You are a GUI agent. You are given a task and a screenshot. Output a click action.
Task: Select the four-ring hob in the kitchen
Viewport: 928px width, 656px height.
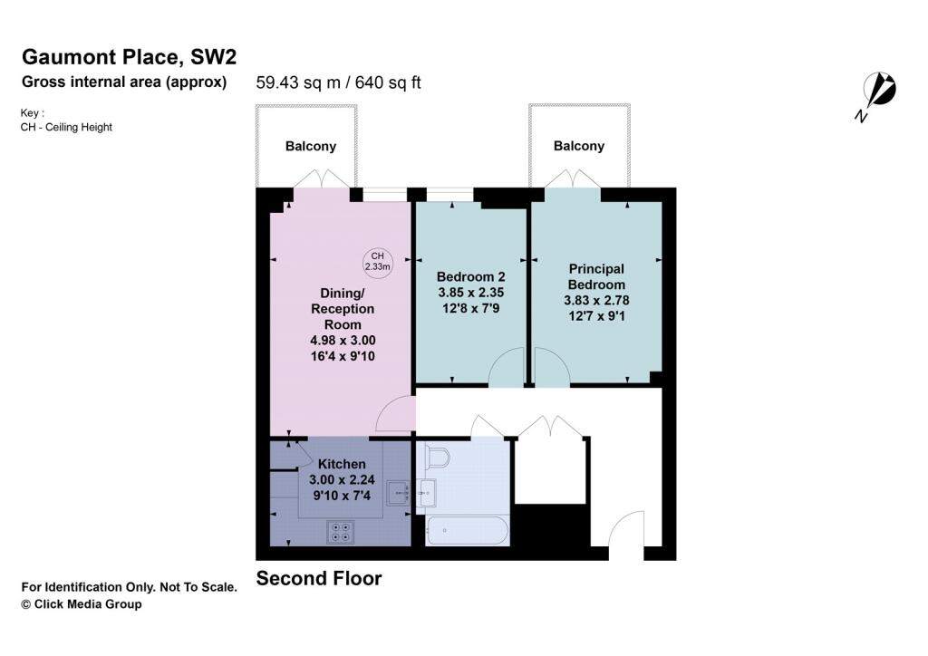[342, 532]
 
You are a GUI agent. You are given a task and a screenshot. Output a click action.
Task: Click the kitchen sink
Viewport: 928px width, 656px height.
[399, 493]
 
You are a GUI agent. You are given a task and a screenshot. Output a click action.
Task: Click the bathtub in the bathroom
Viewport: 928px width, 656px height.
[467, 531]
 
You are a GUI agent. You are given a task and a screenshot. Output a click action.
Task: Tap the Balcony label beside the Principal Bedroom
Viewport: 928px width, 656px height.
[579, 146]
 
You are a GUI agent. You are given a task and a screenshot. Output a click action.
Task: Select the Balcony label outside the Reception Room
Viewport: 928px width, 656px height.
[311, 146]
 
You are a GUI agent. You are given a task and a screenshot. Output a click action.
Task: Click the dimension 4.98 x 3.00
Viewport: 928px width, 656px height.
[343, 340]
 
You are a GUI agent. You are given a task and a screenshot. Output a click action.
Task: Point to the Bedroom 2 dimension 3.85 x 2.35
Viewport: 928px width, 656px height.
[470, 293]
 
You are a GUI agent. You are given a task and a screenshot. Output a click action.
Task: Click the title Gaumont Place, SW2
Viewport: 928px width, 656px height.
[130, 57]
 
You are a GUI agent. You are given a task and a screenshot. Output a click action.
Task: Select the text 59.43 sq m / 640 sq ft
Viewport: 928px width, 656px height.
[339, 82]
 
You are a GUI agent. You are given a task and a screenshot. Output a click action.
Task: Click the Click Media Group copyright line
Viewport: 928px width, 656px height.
[82, 604]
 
